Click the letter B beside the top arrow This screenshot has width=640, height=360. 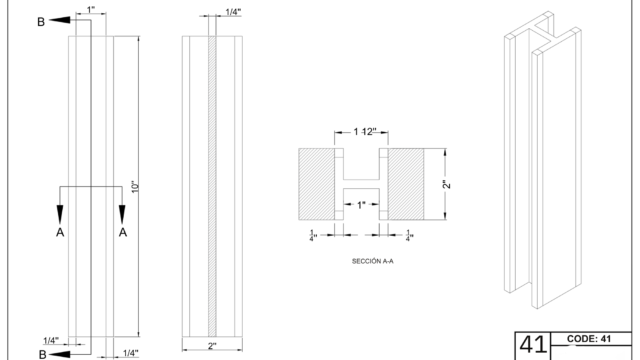pyautogui.click(x=41, y=22)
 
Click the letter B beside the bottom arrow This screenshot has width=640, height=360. pyautogui.click(x=42, y=354)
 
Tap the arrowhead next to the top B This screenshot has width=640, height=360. pyautogui.click(x=60, y=20)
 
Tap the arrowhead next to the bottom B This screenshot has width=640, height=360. pyautogui.click(x=60, y=353)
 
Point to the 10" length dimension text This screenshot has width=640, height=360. pyautogui.click(x=135, y=187)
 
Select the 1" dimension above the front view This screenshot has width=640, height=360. pyautogui.click(x=91, y=9)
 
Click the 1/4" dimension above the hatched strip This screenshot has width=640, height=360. pyautogui.click(x=233, y=11)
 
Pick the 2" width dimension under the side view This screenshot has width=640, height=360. pyautogui.click(x=212, y=346)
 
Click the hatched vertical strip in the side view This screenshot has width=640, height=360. pyautogui.click(x=212, y=187)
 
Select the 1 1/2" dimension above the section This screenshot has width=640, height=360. pyautogui.click(x=365, y=131)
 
